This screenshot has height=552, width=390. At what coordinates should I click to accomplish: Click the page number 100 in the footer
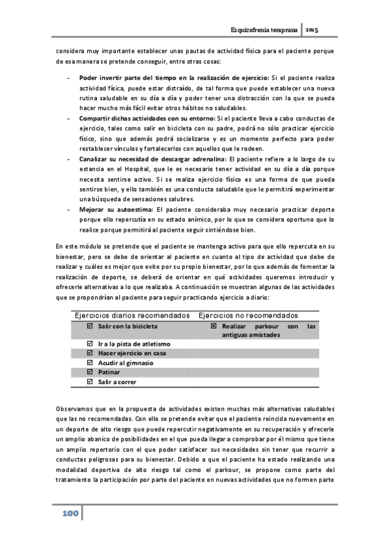click(70, 514)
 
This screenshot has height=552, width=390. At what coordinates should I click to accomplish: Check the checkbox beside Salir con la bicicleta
click(90, 325)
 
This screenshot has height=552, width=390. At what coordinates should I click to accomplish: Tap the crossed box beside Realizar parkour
click(213, 325)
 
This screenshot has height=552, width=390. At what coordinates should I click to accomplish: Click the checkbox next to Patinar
click(90, 372)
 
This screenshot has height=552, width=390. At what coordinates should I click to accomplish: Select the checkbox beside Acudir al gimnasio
click(90, 362)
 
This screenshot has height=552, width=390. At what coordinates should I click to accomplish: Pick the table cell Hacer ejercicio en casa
click(132, 352)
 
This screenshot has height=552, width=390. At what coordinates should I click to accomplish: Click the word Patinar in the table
click(109, 372)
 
